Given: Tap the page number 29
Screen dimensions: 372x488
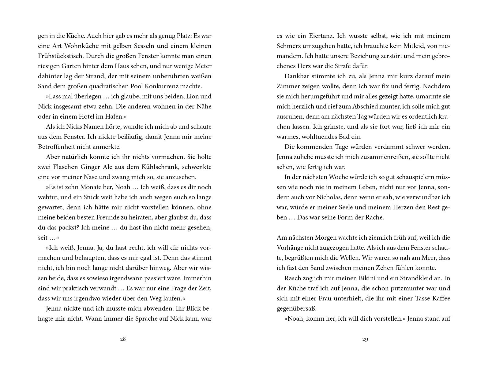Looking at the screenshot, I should pos(365,339).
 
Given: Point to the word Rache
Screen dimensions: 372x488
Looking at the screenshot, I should pos(374,217).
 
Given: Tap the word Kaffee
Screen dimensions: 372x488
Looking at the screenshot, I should pos(439,298).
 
